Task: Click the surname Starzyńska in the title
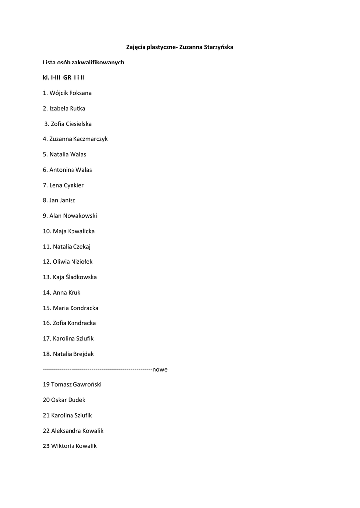(216, 47)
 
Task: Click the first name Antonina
(62, 170)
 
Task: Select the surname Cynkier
(73, 185)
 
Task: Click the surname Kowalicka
(81, 231)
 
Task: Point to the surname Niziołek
(81, 262)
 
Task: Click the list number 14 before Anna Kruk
(47, 293)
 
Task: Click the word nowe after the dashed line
(160, 370)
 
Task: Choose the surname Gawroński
(87, 384)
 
